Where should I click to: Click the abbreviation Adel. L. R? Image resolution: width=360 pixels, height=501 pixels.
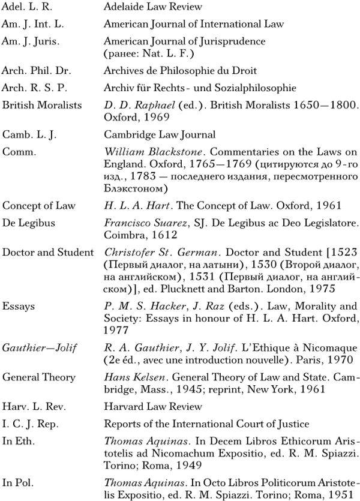click(x=28, y=8)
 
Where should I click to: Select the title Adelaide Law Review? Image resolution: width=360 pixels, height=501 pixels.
click(x=152, y=8)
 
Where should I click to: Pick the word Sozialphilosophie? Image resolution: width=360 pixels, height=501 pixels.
click(x=256, y=88)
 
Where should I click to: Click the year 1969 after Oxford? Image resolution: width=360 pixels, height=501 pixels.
click(x=149, y=116)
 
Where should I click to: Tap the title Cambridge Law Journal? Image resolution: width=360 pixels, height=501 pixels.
click(x=159, y=134)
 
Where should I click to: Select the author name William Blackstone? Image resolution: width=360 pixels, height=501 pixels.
click(x=147, y=152)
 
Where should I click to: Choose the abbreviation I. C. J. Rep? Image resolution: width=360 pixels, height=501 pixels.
click(x=31, y=424)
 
